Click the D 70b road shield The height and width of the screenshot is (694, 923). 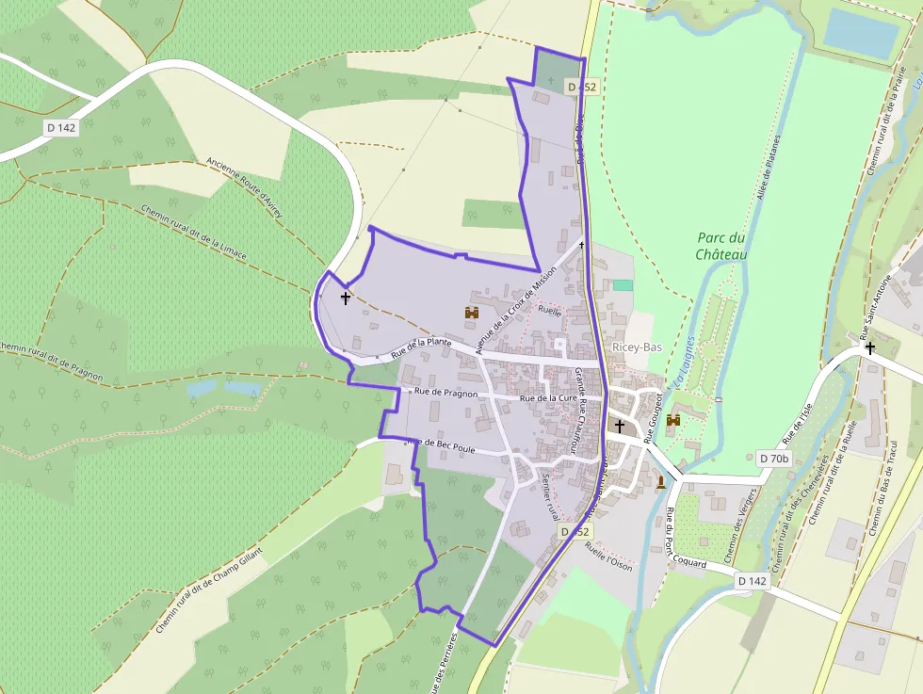pyautogui.click(x=773, y=459)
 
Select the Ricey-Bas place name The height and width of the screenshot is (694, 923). pyautogui.click(x=637, y=347)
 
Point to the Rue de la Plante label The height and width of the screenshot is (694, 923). pyautogui.click(x=421, y=348)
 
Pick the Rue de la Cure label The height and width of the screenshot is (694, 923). pyautogui.click(x=547, y=398)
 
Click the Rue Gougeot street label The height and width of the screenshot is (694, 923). pyautogui.click(x=649, y=417)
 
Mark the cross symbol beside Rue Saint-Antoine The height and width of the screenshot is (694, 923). pyautogui.click(x=869, y=348)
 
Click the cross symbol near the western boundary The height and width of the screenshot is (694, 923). pyautogui.click(x=345, y=299)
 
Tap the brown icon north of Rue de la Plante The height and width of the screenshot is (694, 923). pyautogui.click(x=472, y=313)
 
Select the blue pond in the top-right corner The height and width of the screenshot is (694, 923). pyautogui.click(x=861, y=33)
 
